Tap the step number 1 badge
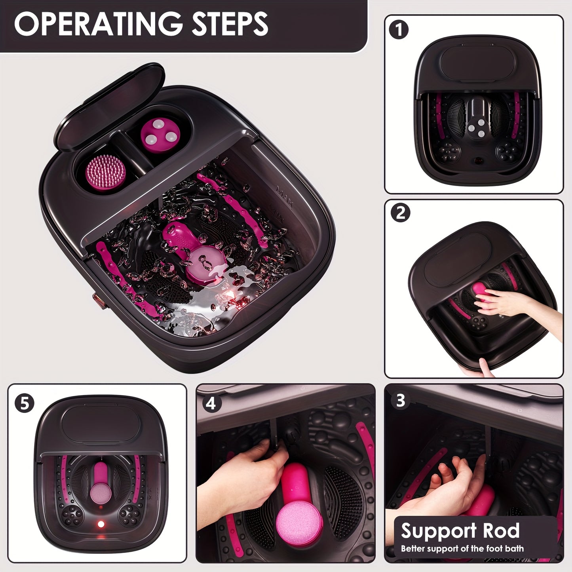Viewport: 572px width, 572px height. pos(399,30)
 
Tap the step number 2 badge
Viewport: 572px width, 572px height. pos(400,213)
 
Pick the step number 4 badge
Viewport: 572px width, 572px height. pos(211,403)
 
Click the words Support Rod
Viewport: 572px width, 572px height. pos(460,531)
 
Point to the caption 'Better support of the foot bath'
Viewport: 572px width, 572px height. pos(462,549)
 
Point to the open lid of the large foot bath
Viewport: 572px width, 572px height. pos(109,107)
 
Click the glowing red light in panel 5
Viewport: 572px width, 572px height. pos(101,524)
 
